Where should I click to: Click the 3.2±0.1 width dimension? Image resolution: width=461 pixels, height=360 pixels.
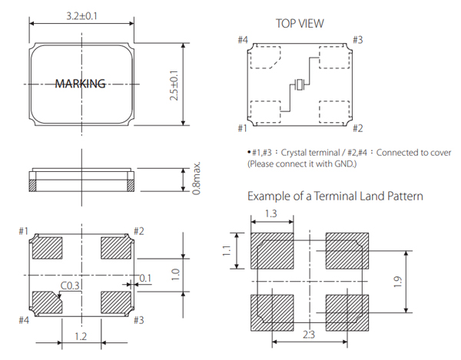[81, 15]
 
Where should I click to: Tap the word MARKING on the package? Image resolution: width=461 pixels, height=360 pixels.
[80, 84]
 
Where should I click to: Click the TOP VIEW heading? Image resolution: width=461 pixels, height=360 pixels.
[300, 24]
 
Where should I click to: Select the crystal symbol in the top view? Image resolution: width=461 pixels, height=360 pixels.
[298, 85]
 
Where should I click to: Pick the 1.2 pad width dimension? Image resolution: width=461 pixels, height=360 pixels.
[82, 336]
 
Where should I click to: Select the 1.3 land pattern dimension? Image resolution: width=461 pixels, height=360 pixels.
[271, 213]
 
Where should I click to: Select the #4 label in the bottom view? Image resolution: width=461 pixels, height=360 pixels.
[22, 320]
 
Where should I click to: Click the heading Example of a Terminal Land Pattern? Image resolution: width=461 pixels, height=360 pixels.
[335, 197]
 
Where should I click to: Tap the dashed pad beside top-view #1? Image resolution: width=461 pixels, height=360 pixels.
[268, 113]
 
